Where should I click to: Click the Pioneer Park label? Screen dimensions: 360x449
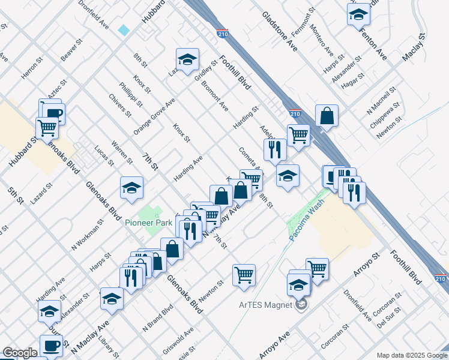pyautogui.click(x=148, y=223)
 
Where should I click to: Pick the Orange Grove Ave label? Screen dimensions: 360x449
pyautogui.click(x=154, y=115)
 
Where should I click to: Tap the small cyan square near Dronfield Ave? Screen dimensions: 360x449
pyautogui.click(x=124, y=30)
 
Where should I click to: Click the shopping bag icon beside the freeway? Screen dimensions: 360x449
pyautogui.click(x=327, y=115)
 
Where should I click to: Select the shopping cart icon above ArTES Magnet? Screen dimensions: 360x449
pyautogui.click(x=317, y=268)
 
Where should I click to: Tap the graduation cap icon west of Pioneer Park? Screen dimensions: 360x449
pyautogui.click(x=131, y=188)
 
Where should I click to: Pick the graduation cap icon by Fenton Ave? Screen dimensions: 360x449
pyautogui.click(x=358, y=14)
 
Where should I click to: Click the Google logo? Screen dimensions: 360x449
pyautogui.click(x=19, y=353)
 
